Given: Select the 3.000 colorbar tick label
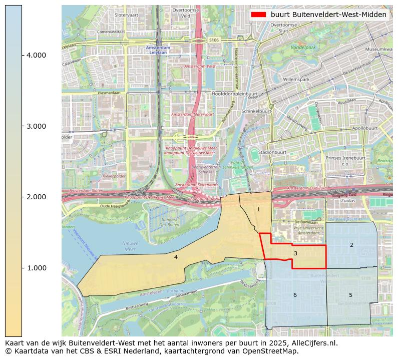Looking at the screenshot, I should point(36,126).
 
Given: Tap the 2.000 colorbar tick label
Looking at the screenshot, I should point(36,197).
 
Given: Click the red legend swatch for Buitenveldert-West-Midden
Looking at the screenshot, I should point(258,15).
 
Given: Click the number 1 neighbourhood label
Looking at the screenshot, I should point(258,209).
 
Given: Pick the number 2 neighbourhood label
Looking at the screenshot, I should point(351,245).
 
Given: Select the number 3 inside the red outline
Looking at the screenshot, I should point(295,253).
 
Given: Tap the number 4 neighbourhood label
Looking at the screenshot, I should point(176,257).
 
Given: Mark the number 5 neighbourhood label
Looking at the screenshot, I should point(350,295).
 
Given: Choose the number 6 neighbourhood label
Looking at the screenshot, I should point(295,295).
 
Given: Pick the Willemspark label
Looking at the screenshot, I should point(297,80).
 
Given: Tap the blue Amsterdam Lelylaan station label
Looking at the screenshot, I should point(158,50).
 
